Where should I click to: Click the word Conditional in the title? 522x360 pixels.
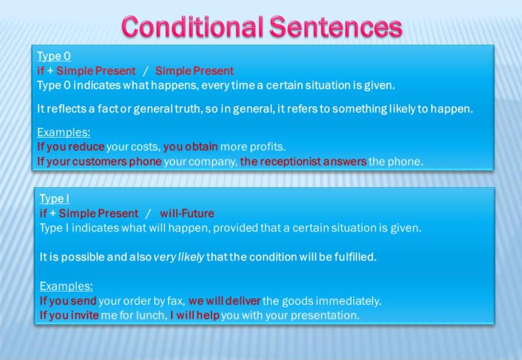[x=192, y=26]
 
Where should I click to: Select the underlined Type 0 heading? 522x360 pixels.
[x=54, y=56]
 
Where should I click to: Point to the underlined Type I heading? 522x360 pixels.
[x=54, y=199]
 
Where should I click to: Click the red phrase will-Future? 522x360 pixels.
[x=187, y=214]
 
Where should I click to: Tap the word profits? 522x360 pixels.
[x=267, y=147]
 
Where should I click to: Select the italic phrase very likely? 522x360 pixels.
[x=179, y=257]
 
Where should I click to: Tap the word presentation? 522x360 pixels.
[x=326, y=316]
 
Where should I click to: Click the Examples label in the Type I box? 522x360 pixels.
[x=66, y=287]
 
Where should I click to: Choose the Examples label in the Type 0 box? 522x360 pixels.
[x=64, y=132]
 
